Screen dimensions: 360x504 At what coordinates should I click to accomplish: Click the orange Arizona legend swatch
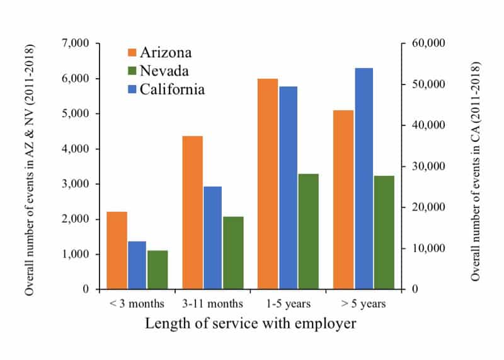(134, 52)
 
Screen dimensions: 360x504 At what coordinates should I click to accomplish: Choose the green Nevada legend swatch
(134, 71)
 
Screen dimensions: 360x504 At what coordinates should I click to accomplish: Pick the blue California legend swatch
(134, 89)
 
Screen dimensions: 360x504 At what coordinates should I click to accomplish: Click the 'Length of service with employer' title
(251, 324)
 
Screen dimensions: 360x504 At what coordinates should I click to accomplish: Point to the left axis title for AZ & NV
(29, 170)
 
